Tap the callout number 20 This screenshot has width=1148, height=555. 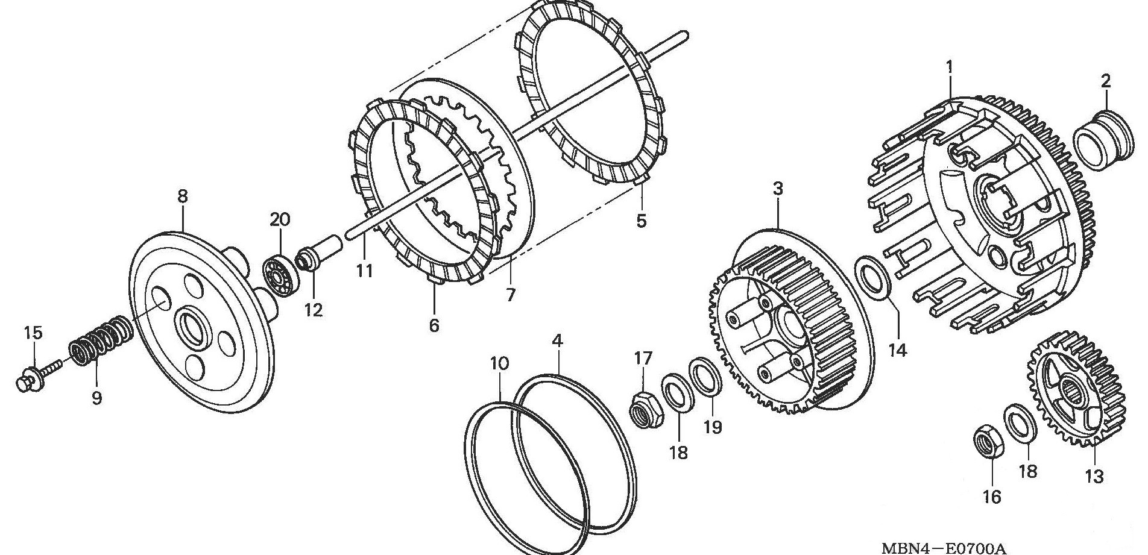280,219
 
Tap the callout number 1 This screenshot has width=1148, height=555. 950,67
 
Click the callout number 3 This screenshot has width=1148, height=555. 778,189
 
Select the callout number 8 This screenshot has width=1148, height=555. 182,196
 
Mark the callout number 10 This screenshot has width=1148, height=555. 499,363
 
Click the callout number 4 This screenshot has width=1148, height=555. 558,341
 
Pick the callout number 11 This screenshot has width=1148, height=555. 364,271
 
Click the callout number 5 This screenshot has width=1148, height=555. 641,221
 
